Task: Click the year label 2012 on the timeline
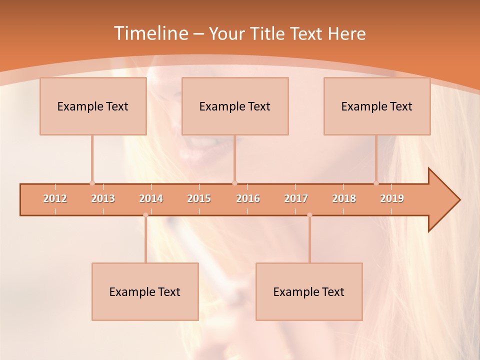point(55,198)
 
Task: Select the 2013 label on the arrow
point(103,198)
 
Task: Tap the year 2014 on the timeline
point(151,198)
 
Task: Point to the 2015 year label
point(199,198)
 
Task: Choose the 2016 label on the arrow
point(248,198)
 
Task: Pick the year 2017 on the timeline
point(296,198)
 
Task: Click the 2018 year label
point(344,198)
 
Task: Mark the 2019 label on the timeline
point(392,198)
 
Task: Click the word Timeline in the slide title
point(150,33)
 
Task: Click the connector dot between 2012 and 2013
point(92,183)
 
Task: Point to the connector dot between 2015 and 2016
point(234,183)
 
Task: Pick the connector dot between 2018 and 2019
point(376,183)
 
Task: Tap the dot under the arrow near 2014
point(145,215)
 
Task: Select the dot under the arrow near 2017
point(309,215)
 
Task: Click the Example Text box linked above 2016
point(235,106)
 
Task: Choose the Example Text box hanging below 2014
point(145,291)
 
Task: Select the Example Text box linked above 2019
point(377,106)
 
